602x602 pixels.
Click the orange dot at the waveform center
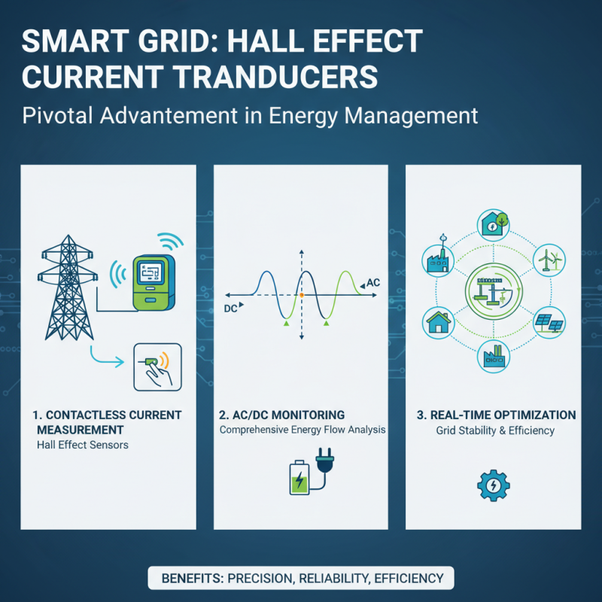pos(301,295)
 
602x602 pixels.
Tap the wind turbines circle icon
pos(547,260)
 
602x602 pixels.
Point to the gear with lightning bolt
pos(493,485)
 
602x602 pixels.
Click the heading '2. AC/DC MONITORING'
pos(281,415)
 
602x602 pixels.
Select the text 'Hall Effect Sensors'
pos(82,445)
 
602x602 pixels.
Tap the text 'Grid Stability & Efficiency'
pos(494,430)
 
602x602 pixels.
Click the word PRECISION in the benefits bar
pos(258,579)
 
